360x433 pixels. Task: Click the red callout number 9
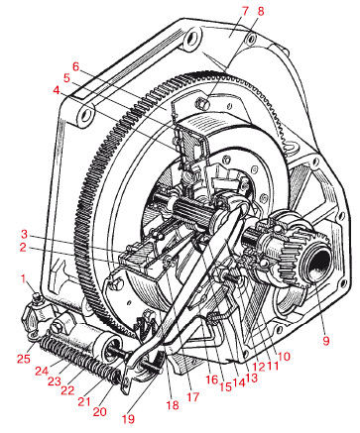tap(326, 340)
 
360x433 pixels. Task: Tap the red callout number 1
tap(23, 279)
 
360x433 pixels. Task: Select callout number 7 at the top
tap(245, 11)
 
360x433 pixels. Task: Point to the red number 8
tap(261, 11)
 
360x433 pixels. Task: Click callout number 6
tap(76, 66)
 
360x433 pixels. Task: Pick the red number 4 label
tap(57, 90)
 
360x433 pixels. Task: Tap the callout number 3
tap(24, 235)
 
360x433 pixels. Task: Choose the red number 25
tap(24, 358)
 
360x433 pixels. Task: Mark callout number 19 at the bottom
tap(128, 419)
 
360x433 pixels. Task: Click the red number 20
tap(99, 411)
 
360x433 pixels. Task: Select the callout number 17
tap(193, 396)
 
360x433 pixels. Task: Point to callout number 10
tap(284, 356)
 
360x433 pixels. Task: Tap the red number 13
tap(251, 378)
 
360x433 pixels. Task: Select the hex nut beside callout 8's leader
tap(202, 102)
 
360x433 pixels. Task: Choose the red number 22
tap(67, 389)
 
